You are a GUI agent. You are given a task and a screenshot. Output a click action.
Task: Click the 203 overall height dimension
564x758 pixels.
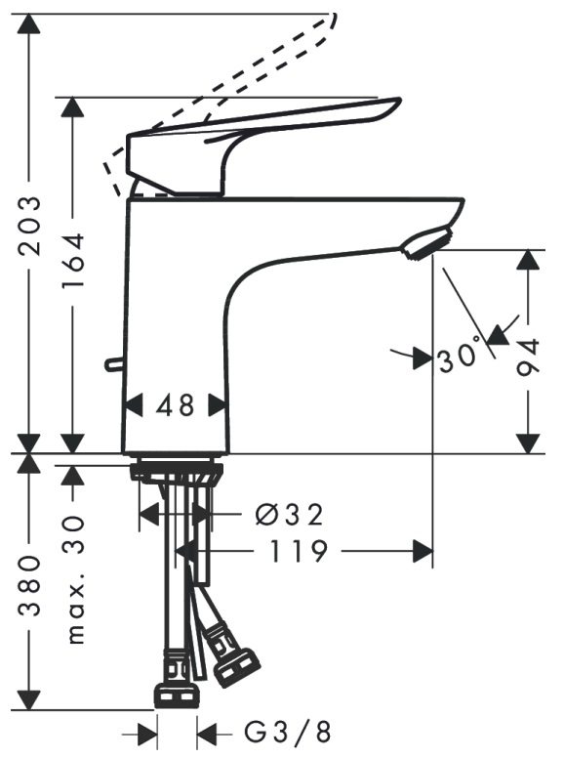[28, 226]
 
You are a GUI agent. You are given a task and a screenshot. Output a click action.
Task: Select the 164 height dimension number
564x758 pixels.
[73, 261]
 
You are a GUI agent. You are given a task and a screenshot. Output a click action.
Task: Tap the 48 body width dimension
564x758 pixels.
[175, 405]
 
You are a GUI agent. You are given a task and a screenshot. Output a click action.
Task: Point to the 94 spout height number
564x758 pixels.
[527, 358]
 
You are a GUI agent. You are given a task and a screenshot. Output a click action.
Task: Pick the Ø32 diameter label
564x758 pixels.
[289, 515]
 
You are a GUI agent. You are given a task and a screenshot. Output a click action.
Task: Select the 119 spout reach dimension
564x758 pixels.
[298, 551]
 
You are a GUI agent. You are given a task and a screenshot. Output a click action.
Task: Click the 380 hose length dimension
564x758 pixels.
[28, 586]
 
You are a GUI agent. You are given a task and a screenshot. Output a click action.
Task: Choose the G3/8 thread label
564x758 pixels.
[288, 734]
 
